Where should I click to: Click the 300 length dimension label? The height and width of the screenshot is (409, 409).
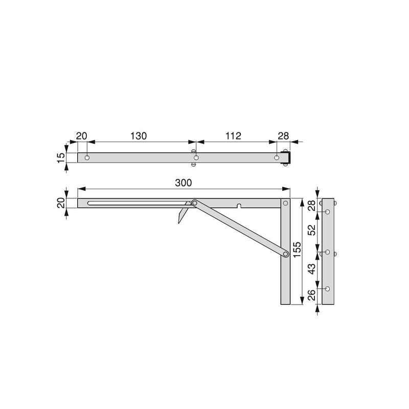click(184, 183)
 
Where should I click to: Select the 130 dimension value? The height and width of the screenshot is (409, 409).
click(139, 136)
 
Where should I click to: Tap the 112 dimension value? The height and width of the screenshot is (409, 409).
click(233, 136)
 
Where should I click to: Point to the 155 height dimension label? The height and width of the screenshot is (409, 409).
click(297, 249)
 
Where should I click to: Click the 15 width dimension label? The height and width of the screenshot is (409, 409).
click(60, 158)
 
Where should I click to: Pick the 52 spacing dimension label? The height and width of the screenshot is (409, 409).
click(312, 230)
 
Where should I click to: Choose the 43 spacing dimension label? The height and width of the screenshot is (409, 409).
click(312, 269)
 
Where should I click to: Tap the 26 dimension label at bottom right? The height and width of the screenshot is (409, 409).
click(312, 295)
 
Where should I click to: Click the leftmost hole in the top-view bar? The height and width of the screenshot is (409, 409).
click(87, 158)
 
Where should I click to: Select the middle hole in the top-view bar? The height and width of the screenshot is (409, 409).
click(196, 158)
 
